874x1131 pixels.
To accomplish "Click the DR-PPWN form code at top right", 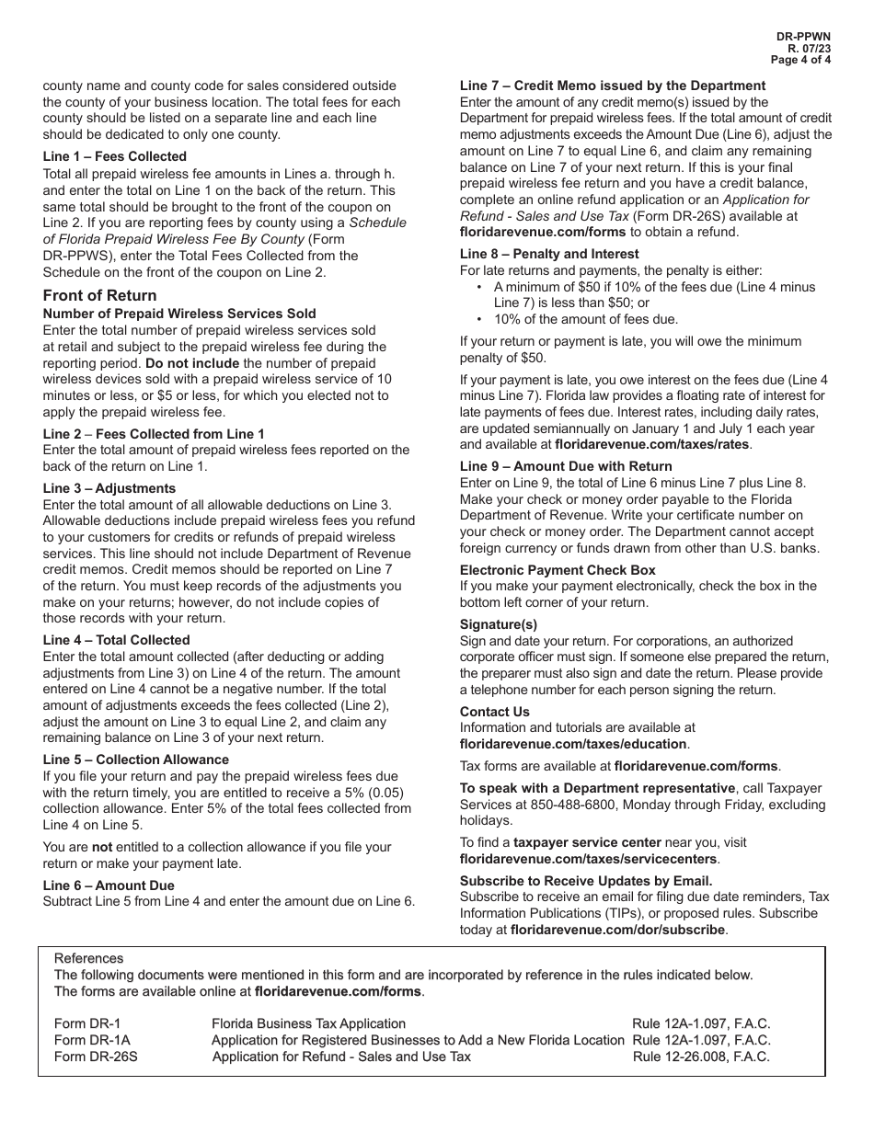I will tap(805, 37).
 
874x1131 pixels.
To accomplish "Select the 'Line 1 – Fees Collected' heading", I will tap(114, 156).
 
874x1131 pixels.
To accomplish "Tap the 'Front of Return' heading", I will tap(99, 295).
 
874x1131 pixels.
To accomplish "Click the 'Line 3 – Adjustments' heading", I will tap(109, 488).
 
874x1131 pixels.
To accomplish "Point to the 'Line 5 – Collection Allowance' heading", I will tap(136, 760).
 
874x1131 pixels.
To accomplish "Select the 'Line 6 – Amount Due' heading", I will tap(109, 885).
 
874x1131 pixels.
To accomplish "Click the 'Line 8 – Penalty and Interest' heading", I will tap(549, 254).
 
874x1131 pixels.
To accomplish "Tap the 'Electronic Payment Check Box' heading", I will tap(558, 570).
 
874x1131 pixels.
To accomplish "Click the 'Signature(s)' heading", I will tap(499, 624).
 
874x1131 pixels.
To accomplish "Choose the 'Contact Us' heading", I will tap(495, 712).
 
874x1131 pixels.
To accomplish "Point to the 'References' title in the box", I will tap(88, 958).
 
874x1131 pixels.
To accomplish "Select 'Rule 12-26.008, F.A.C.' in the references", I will tap(701, 1057).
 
